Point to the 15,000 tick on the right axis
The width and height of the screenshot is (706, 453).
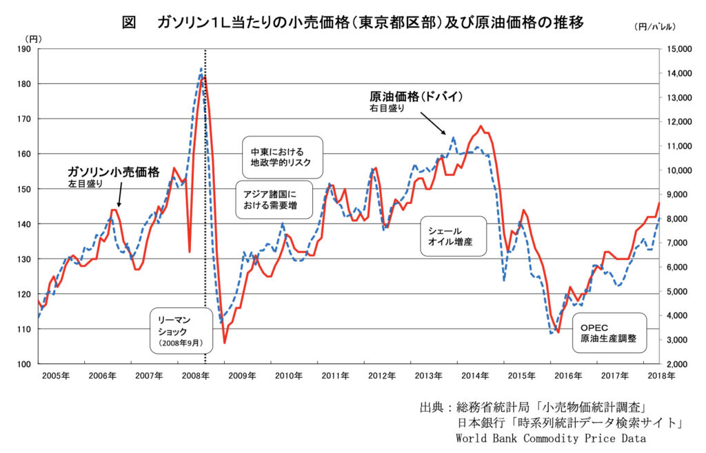679,49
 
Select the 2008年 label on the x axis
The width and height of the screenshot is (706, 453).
196,376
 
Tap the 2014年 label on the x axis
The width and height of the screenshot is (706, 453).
476,376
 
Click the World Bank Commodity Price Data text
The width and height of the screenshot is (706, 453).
550,438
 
